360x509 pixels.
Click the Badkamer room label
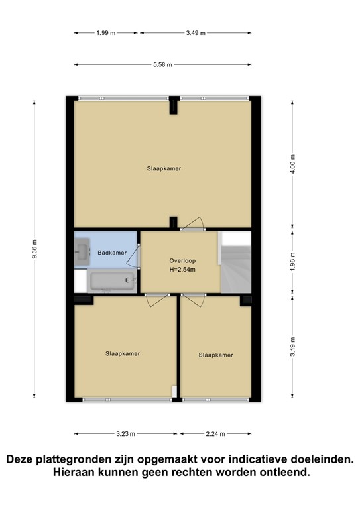click(112, 253)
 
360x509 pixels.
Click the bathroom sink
click(82, 249)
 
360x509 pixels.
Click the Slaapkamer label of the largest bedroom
click(164, 168)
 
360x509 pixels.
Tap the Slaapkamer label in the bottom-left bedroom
click(123, 353)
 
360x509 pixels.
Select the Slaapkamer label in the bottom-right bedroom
click(215, 355)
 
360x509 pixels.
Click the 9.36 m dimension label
click(36, 249)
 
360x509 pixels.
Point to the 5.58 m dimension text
click(162, 64)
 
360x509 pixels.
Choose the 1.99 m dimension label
click(106, 32)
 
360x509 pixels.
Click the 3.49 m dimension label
click(196, 32)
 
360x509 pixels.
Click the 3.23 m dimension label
click(125, 434)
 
